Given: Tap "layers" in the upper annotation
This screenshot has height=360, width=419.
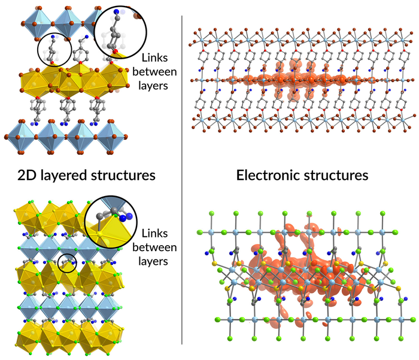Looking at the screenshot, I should (x=154, y=84).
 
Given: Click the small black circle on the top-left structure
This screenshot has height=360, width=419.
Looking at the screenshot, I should (x=54, y=49).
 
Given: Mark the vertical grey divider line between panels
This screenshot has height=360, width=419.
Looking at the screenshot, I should (x=182, y=179).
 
